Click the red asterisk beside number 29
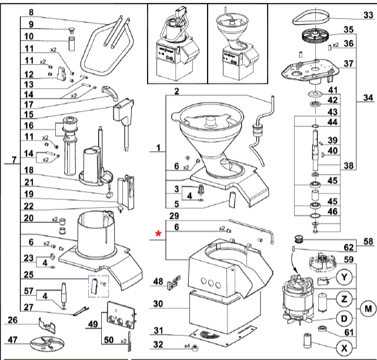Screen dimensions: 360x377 pyautogui.click(x=158, y=235)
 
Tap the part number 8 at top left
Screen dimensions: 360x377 pyautogui.click(x=31, y=12)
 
